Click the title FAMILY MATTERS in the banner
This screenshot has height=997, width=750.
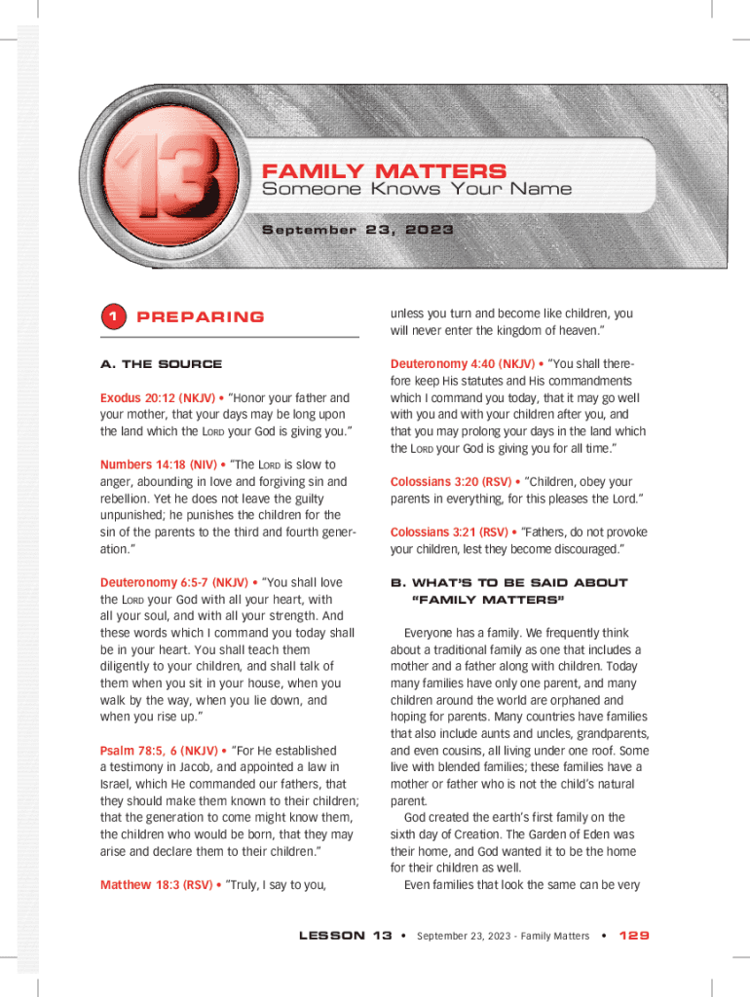click(385, 171)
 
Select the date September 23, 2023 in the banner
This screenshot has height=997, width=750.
click(357, 231)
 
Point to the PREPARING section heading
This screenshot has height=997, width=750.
click(201, 317)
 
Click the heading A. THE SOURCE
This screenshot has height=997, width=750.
click(161, 364)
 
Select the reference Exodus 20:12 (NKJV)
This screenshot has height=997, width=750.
click(158, 398)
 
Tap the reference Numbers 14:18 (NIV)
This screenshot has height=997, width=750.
click(156, 464)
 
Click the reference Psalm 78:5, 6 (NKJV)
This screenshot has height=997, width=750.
click(159, 751)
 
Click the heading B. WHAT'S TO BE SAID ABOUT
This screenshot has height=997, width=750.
click(509, 583)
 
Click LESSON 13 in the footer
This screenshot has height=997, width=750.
click(345, 936)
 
